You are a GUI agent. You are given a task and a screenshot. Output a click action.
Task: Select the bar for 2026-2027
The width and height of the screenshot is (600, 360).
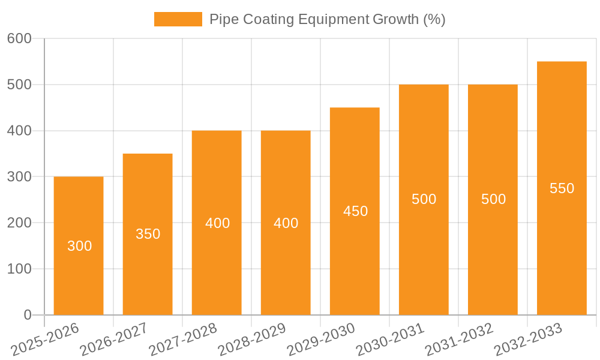point(148,270)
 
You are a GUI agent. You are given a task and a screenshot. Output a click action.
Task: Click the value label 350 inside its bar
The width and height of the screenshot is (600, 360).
point(148,234)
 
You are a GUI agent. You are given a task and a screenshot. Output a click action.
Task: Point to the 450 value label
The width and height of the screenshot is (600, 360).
point(355,211)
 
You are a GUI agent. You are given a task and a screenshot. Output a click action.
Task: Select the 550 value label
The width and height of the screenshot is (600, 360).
point(562,188)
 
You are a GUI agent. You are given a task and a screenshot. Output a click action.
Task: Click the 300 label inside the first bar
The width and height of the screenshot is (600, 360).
point(79,246)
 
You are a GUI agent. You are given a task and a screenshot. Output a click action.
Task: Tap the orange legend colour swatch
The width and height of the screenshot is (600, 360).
point(178,19)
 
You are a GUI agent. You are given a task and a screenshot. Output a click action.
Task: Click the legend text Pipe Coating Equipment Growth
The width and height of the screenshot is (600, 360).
point(327,19)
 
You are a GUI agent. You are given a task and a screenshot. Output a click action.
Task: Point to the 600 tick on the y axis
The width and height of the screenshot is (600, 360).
point(19,38)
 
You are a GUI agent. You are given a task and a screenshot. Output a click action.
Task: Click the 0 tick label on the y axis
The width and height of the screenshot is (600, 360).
point(27,315)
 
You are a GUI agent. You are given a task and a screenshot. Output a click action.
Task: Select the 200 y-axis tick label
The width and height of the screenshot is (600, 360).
point(19,223)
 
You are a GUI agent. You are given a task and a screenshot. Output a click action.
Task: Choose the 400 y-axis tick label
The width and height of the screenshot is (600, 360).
point(19,131)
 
